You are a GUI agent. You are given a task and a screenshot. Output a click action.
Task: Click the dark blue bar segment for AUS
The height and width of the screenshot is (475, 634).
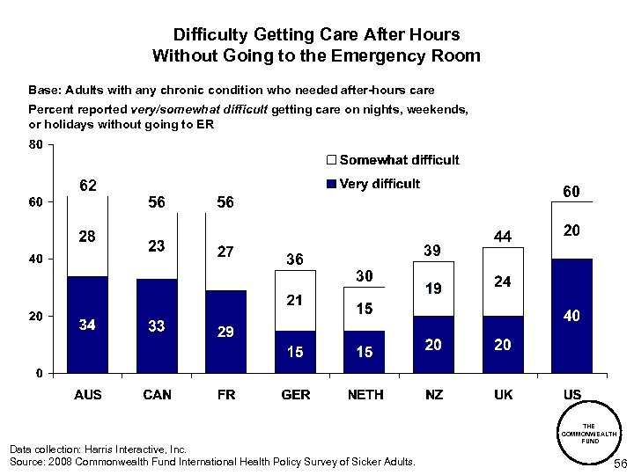[88, 325]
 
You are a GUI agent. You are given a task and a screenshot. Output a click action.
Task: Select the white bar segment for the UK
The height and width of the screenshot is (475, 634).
[503, 281]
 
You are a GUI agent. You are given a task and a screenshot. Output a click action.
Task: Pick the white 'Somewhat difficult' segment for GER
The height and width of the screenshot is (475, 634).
[295, 300]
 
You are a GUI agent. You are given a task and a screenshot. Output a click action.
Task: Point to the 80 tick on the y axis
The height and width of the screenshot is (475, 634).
[35, 144]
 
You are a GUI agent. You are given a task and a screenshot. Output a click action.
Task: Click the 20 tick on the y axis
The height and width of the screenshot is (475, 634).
[35, 316]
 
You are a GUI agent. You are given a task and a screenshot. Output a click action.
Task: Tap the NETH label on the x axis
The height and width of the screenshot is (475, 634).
[365, 395]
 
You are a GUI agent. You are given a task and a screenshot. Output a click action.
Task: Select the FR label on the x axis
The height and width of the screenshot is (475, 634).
[226, 395]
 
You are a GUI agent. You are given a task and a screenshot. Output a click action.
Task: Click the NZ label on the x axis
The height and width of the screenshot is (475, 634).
[434, 395]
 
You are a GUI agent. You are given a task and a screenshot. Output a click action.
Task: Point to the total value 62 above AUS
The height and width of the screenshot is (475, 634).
[88, 186]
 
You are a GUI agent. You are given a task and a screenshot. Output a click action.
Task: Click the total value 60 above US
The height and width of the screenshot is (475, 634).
[571, 191]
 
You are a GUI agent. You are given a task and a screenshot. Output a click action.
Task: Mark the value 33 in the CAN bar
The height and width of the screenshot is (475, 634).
[157, 326]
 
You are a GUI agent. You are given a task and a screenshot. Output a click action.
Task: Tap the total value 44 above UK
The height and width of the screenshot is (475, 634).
[503, 237]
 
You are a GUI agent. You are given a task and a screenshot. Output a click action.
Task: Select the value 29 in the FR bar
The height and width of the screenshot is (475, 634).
[226, 332]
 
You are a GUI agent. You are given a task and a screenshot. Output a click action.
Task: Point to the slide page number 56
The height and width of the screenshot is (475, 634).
[619, 464]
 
